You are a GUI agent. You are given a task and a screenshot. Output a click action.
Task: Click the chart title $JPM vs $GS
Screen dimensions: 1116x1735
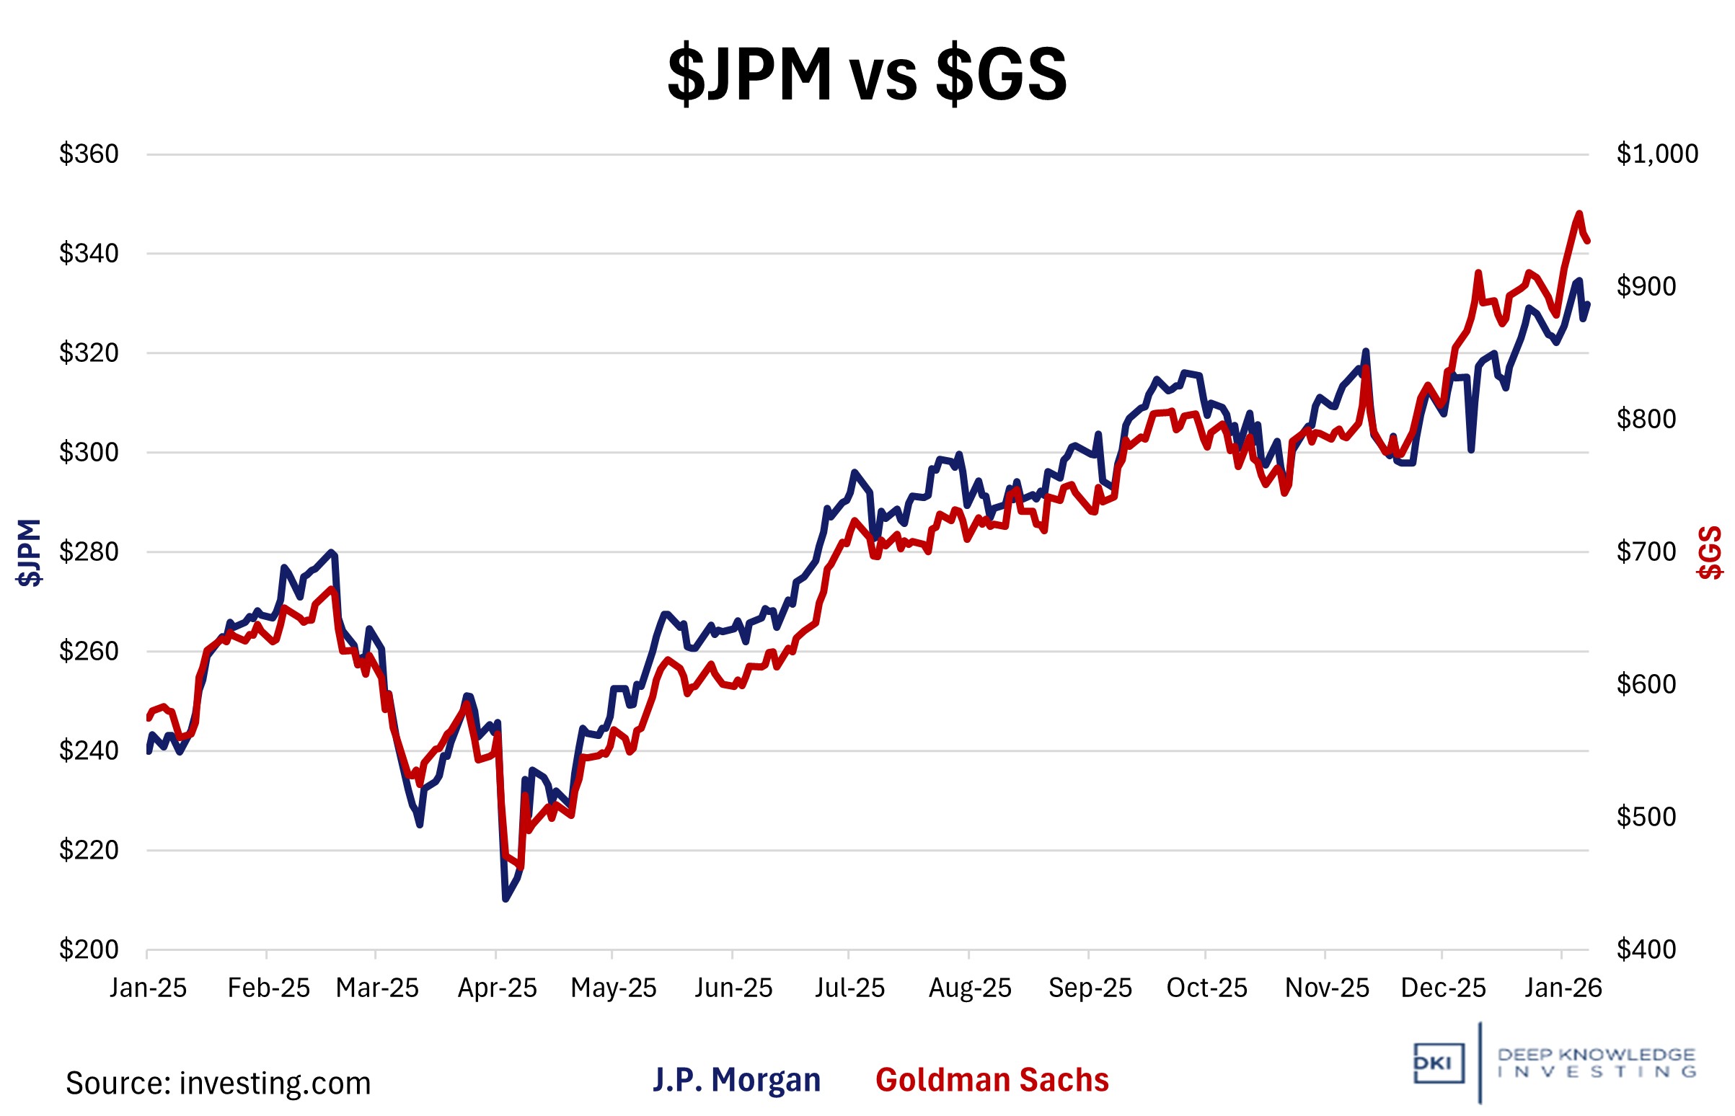coord(867,75)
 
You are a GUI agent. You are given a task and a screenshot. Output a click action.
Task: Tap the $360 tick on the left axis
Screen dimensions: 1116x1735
coord(89,154)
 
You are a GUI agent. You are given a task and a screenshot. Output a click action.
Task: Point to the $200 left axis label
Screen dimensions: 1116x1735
coord(89,949)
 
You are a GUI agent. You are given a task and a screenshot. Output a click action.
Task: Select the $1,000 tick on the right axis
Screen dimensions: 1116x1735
coord(1656,154)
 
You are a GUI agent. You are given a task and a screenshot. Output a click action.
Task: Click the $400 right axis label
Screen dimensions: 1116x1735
coord(1646,949)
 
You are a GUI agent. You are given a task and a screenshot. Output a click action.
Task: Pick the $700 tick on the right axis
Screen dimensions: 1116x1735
coord(1646,552)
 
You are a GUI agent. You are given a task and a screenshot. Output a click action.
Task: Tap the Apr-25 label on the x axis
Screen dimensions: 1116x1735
coord(497,988)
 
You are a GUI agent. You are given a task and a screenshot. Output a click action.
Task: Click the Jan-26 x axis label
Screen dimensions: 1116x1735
coord(1563,988)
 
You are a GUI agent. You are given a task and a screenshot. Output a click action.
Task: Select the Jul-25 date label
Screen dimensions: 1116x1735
coord(849,988)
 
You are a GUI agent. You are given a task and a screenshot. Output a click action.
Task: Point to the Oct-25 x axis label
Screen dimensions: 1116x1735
coord(1206,988)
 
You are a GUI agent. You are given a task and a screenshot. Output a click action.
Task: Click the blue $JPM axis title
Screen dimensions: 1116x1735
coord(29,552)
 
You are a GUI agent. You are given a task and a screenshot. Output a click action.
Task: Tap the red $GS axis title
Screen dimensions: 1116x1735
coord(1710,552)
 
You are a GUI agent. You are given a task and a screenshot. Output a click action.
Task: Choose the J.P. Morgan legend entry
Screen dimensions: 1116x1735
coord(737,1081)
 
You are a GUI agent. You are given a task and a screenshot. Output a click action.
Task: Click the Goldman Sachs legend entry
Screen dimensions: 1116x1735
coord(992,1081)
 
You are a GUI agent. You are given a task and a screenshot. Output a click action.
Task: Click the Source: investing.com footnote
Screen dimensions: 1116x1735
coord(218,1084)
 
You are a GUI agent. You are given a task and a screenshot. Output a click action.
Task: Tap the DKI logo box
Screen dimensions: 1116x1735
coord(1438,1064)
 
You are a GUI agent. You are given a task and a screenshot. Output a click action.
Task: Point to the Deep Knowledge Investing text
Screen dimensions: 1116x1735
coord(1596,1063)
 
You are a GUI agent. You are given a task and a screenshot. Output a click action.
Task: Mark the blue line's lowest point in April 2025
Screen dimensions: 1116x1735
coord(505,899)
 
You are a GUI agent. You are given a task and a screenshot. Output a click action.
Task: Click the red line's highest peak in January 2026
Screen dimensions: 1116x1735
coord(1579,214)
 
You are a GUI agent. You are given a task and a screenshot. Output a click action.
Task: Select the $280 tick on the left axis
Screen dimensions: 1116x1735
coord(89,552)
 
